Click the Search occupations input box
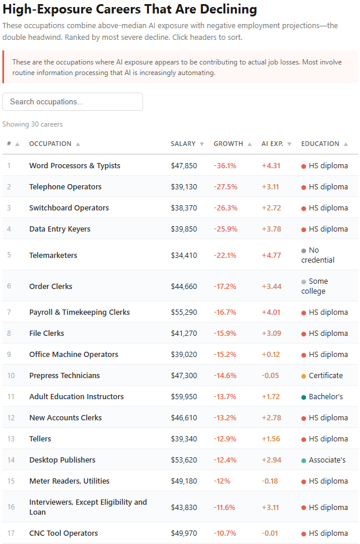[73, 101]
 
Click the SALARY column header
[183, 144]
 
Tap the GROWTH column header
[228, 144]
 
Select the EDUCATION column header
[320, 144]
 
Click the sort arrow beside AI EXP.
[289, 144]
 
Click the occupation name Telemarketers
[53, 256]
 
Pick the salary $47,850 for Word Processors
[184, 166]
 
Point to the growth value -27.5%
[225, 187]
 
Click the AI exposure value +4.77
[271, 256]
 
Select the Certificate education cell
[322, 375]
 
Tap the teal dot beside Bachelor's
[303, 397]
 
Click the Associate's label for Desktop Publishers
[327, 460]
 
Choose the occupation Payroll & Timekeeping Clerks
[80, 312]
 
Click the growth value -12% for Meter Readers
[222, 481]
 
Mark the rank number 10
[11, 375]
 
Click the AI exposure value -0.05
[270, 375]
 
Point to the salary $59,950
[184, 396]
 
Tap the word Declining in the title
[229, 9]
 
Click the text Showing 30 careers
[33, 124]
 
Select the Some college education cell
[314, 286]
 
